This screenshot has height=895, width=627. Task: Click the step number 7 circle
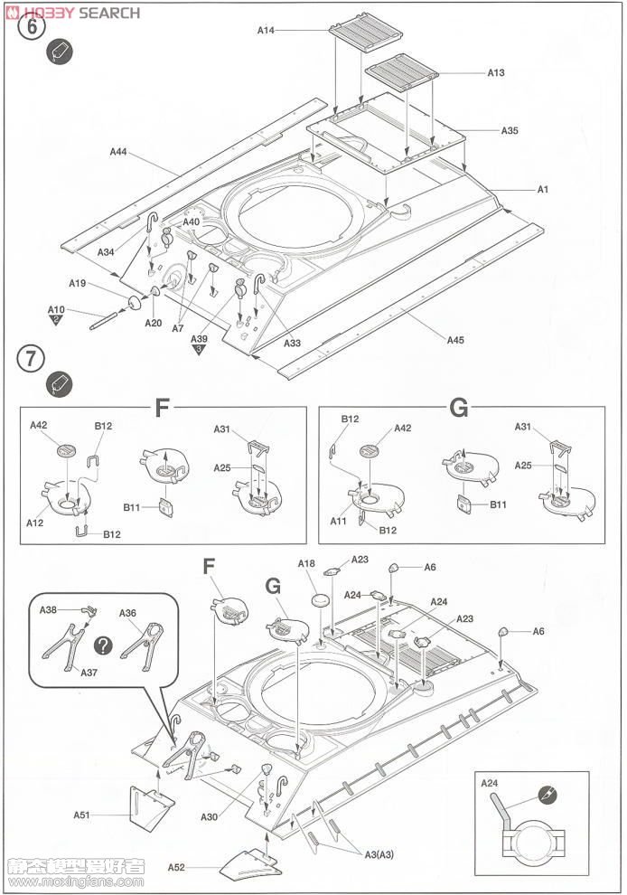click(31, 358)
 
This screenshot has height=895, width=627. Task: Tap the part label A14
click(266, 30)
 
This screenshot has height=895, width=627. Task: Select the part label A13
click(496, 73)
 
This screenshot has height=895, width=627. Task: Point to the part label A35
click(510, 130)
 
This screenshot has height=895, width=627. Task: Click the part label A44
click(118, 152)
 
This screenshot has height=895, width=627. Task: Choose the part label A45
click(454, 340)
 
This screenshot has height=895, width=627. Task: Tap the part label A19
click(77, 283)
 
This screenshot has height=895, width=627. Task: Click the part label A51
click(82, 815)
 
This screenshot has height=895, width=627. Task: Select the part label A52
click(176, 867)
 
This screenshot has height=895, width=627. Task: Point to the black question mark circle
click(105, 645)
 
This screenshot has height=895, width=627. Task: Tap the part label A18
click(306, 564)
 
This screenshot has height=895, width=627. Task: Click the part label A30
click(210, 817)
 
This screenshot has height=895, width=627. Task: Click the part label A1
click(543, 189)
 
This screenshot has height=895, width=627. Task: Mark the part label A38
click(48, 610)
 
